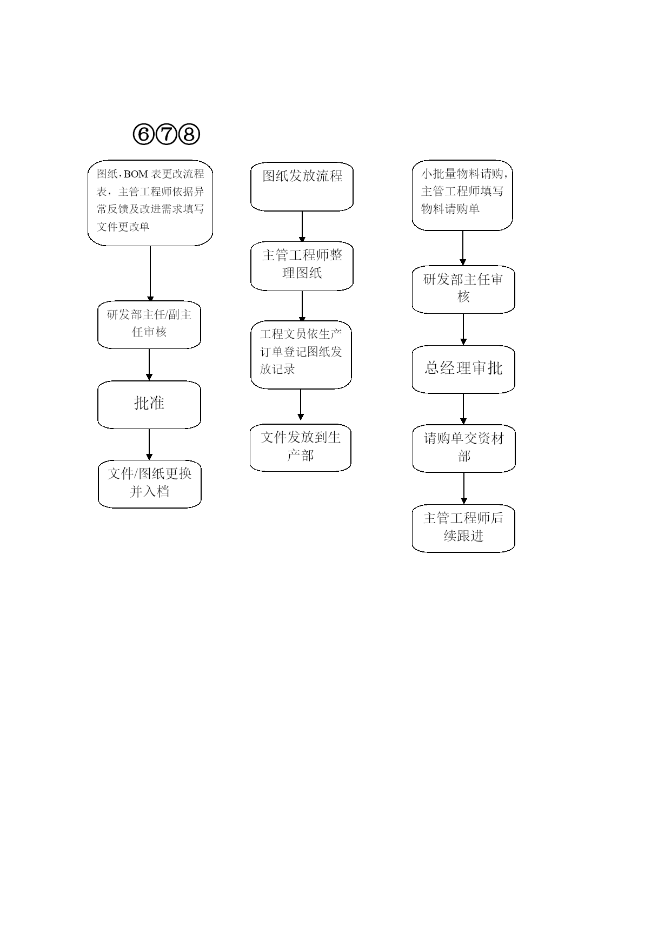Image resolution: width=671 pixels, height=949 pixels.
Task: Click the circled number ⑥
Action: click(x=143, y=134)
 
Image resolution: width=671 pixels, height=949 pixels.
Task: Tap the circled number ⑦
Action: click(x=166, y=134)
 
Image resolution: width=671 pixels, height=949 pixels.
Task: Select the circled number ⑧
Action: click(x=189, y=134)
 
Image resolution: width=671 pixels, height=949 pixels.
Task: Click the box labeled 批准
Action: click(x=149, y=405)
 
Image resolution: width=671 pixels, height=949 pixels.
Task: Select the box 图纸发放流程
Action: click(x=302, y=187)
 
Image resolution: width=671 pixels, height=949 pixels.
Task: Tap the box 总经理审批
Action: click(x=463, y=370)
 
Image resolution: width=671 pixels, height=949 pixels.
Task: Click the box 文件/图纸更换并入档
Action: click(x=150, y=484)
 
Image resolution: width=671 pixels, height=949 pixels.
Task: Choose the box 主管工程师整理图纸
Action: click(x=302, y=266)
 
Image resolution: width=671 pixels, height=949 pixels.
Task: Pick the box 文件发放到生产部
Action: click(x=301, y=448)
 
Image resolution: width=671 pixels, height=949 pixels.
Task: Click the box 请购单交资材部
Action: click(x=464, y=449)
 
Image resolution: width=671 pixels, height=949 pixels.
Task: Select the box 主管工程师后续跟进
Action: click(x=463, y=529)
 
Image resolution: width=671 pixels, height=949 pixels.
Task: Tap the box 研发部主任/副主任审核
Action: click(x=149, y=325)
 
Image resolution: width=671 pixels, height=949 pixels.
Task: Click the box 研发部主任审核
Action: click(x=463, y=289)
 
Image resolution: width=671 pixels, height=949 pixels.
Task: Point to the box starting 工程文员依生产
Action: click(x=301, y=355)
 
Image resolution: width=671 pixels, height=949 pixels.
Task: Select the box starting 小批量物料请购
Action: click(x=462, y=195)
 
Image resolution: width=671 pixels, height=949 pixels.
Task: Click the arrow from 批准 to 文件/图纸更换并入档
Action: click(x=149, y=445)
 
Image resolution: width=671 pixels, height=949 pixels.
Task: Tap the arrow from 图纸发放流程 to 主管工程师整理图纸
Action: click(x=302, y=227)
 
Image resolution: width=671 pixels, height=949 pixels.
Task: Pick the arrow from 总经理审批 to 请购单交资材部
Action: click(x=463, y=409)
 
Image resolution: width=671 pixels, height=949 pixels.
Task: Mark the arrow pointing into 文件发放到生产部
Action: click(x=301, y=405)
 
